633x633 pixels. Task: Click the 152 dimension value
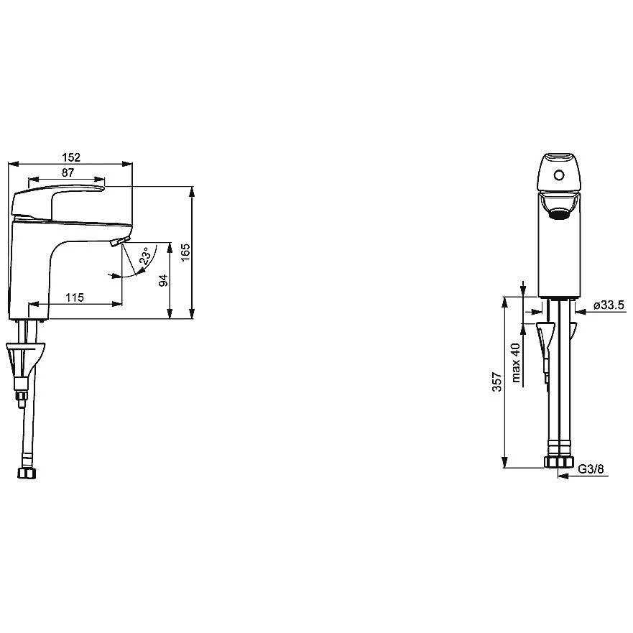coord(71,157)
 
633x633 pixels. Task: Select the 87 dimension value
coord(68,172)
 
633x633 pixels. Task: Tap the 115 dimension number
coord(75,297)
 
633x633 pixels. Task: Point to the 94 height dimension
coord(163,280)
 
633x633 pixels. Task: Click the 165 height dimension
coord(185,252)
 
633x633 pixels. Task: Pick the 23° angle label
coord(146,256)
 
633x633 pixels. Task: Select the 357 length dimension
coord(497,382)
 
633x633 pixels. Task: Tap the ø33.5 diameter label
coord(609,305)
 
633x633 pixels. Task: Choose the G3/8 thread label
coord(591,468)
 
